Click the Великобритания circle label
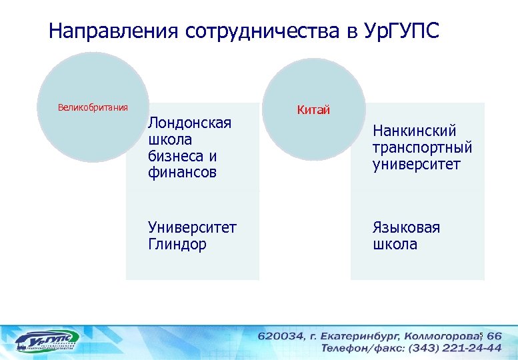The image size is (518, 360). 93,108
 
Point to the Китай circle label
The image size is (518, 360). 313,110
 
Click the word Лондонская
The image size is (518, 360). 189,123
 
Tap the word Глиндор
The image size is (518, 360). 177,244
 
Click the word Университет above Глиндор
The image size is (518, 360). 192,228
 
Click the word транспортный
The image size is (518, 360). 422,148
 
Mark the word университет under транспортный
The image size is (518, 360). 417,164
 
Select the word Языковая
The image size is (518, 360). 406,228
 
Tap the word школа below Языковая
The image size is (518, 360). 395,244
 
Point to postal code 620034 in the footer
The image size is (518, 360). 280,336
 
